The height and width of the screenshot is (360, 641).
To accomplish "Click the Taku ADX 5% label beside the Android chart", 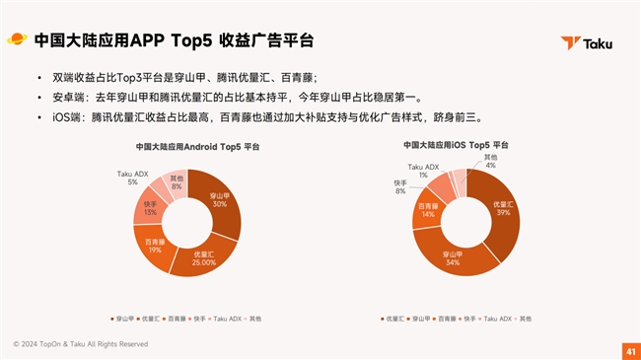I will pos(132,178).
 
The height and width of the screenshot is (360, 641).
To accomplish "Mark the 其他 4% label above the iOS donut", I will pos(489,161).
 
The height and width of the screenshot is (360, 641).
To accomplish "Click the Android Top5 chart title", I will pos(190,147).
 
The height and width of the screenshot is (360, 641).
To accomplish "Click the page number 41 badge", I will pos(629,350).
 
